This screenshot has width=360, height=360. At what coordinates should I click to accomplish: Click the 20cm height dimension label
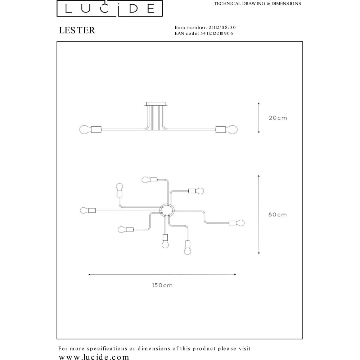tap(278, 118)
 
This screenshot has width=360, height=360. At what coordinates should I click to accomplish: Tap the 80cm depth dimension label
tap(278, 215)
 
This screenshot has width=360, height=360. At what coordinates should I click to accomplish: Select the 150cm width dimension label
tap(162, 285)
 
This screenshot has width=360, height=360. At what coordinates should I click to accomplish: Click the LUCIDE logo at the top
tap(109, 8)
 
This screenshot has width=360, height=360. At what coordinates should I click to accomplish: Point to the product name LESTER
tap(77, 30)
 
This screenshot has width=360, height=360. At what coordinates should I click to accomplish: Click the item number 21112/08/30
tap(222, 28)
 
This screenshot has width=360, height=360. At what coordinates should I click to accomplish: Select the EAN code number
tap(217, 33)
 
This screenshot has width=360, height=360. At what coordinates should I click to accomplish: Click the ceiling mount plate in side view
tap(156, 104)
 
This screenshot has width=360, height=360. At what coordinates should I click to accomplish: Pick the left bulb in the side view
tap(85, 130)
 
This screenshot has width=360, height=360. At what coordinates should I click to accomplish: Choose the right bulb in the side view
tap(231, 130)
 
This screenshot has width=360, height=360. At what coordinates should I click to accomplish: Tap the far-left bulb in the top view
tap(84, 210)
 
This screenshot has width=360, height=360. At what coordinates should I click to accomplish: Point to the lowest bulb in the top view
tap(188, 251)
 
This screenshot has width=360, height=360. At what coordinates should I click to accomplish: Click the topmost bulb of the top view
tap(146, 180)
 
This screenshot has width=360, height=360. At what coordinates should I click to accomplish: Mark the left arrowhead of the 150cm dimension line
tap(89, 274)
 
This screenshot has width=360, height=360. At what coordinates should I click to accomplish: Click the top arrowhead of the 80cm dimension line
tap(259, 176)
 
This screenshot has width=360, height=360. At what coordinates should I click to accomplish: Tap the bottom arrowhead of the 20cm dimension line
tap(259, 132)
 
